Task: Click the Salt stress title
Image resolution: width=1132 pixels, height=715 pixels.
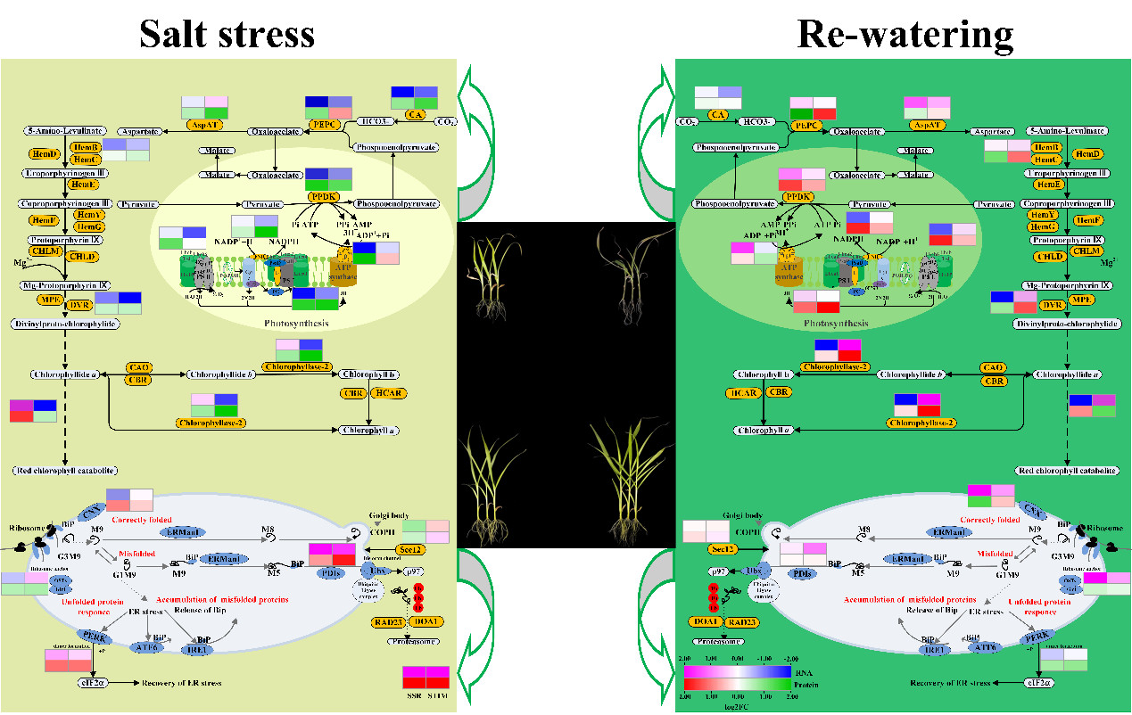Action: click(x=227, y=33)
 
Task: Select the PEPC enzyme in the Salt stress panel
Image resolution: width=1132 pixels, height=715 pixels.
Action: click(x=323, y=125)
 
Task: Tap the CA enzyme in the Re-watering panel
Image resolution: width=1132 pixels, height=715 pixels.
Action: click(x=717, y=115)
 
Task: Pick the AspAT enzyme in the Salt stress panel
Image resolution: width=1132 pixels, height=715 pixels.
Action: click(x=202, y=125)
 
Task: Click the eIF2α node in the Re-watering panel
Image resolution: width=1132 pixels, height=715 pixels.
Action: click(x=1036, y=682)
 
